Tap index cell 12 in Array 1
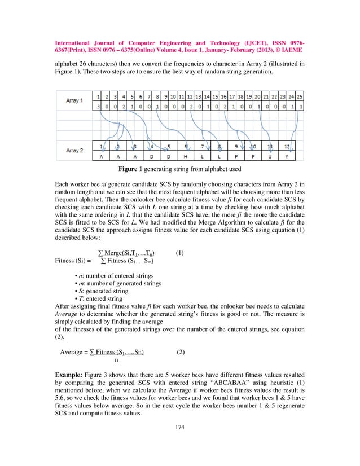point(191,96)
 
